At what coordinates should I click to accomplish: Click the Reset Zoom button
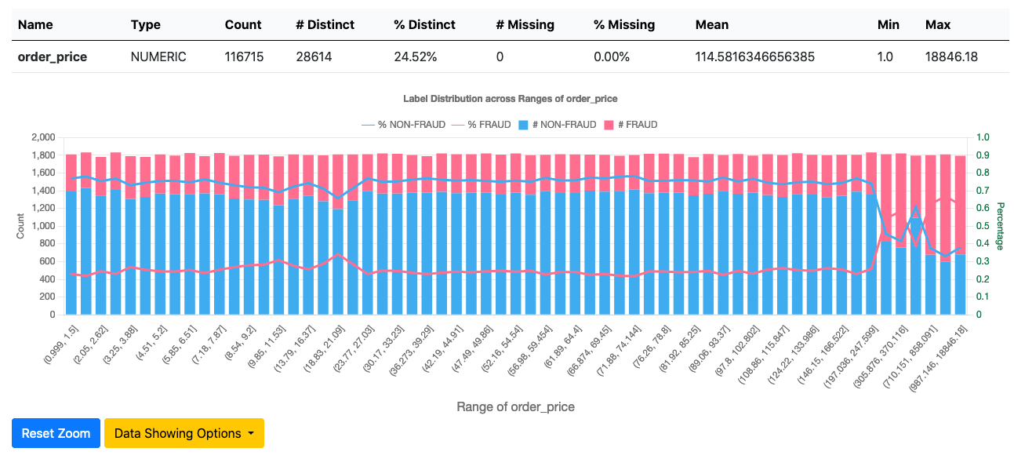click(x=56, y=433)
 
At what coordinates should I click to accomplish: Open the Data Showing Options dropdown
click(x=184, y=433)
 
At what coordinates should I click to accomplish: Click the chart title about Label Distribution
click(x=510, y=99)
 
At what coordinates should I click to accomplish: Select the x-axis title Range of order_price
click(x=515, y=407)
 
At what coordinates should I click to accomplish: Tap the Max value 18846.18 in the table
click(x=951, y=56)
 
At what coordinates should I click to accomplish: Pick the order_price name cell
click(x=53, y=56)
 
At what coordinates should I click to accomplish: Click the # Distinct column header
click(x=325, y=24)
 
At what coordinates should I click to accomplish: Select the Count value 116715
click(x=243, y=56)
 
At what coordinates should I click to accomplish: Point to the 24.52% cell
click(x=416, y=56)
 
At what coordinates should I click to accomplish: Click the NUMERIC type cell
click(x=158, y=56)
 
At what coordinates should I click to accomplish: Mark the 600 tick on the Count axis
click(x=47, y=261)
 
